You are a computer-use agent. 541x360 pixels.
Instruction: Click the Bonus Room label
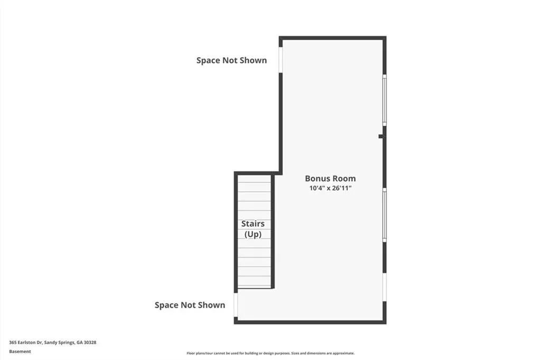[330, 179]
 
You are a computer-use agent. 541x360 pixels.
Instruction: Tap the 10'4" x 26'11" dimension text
[330, 188]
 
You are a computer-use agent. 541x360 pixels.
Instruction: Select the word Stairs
[253, 224]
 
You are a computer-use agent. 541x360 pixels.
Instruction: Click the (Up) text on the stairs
[253, 234]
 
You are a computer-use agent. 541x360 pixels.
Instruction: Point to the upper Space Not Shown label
[231, 60]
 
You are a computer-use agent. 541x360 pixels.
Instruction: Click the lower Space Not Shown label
[190, 305]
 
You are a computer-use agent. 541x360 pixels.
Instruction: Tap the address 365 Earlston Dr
[26, 343]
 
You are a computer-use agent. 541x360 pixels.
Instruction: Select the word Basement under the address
[20, 352]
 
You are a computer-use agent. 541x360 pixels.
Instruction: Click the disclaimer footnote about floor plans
[270, 353]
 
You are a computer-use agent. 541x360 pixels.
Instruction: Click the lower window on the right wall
[385, 215]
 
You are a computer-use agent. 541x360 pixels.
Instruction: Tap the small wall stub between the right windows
[381, 136]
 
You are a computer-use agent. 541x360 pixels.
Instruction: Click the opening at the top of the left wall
[281, 59]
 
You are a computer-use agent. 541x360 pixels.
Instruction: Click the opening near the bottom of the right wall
[385, 287]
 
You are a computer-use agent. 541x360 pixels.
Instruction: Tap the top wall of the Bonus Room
[333, 38]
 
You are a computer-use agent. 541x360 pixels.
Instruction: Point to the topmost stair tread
[254, 178]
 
